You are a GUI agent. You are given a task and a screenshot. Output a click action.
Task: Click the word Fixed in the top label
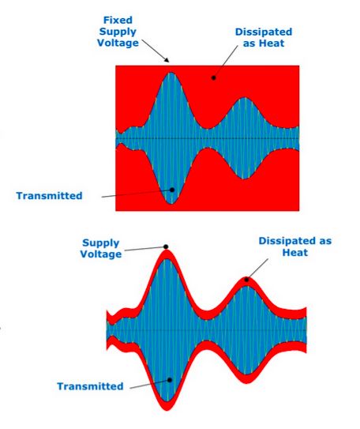pos(118,20)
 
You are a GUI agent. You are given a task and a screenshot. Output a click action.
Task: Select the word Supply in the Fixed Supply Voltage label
pos(118,32)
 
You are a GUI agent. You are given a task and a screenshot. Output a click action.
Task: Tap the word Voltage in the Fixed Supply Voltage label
pos(118,43)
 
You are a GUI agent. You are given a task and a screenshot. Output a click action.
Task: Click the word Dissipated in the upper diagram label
pos(264,32)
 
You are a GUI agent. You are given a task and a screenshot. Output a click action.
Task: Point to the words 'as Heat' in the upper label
pos(264,43)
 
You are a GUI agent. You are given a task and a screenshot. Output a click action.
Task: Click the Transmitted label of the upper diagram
pos(49,196)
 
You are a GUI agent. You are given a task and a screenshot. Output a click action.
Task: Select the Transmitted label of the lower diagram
pos(90,386)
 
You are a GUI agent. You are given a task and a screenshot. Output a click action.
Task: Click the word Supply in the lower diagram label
pos(101,243)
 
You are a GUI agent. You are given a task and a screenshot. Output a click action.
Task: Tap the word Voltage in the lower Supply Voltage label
pos(101,254)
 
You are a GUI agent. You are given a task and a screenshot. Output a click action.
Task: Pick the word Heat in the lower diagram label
pos(295,252)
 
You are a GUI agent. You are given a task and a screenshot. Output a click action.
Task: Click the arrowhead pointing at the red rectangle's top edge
pos(167,61)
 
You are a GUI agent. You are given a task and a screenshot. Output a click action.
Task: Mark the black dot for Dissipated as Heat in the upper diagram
pos(214,78)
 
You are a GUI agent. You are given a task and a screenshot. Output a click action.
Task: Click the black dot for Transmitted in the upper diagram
pos(172,190)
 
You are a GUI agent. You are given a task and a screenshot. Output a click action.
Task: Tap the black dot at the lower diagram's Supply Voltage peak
pos(166,246)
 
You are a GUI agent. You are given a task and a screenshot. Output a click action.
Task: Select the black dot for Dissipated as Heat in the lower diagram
pos(247,280)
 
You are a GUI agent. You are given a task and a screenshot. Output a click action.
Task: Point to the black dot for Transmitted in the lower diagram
pos(170,380)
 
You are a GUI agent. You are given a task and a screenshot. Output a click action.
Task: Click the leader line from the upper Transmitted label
pos(137,194)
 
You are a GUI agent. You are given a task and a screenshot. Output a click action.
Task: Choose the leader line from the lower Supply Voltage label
pos(145,248)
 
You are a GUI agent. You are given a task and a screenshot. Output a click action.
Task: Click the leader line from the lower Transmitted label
pos(150,384)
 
